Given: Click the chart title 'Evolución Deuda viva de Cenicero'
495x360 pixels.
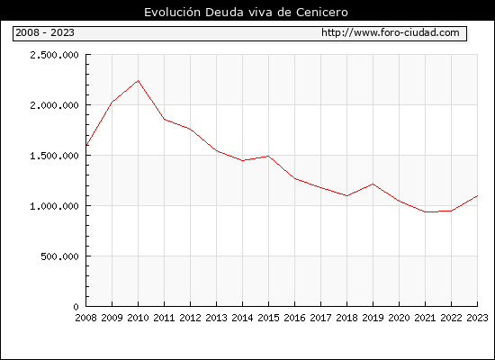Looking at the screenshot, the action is click(x=246, y=13).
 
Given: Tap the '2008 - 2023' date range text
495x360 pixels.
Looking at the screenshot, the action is click(x=45, y=32).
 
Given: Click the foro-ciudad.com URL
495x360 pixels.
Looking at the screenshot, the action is click(x=391, y=32).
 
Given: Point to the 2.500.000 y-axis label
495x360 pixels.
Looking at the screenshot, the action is click(x=54, y=55).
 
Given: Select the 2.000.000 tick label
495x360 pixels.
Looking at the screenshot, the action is click(x=54, y=105).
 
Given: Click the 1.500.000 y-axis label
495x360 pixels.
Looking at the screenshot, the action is click(x=54, y=156).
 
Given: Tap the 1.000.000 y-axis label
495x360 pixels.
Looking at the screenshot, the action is click(x=54, y=206).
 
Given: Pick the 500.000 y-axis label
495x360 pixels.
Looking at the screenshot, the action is click(x=59, y=256).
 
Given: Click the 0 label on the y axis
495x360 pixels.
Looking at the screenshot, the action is click(x=76, y=307).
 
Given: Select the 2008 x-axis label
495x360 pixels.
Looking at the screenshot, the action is click(x=85, y=318).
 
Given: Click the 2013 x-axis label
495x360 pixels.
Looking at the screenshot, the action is click(x=216, y=318).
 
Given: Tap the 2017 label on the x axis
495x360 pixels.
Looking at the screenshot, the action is click(x=320, y=318).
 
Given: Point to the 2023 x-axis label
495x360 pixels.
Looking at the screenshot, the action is click(x=477, y=318).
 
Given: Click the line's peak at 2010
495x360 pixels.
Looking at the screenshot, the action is click(x=138, y=80).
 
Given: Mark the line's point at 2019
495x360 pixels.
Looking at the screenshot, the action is click(x=373, y=184).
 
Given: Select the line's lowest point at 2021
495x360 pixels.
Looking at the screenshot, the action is click(x=425, y=211).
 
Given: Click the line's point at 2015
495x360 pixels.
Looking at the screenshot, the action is click(x=268, y=156).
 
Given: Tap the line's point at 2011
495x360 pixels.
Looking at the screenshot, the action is click(x=164, y=119).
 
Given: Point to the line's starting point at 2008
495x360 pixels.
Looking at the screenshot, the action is click(x=86, y=145).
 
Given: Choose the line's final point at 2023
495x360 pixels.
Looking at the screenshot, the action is click(x=477, y=196).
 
